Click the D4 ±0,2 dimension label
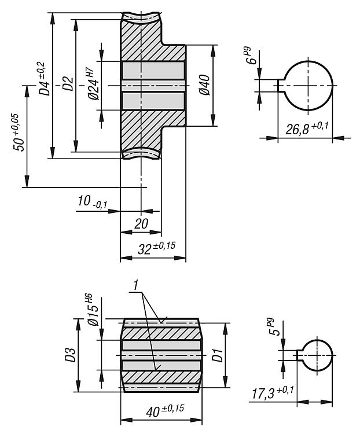43,78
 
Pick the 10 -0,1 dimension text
92,201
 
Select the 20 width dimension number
141,223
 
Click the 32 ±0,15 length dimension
156,248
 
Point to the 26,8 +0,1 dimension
307,128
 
